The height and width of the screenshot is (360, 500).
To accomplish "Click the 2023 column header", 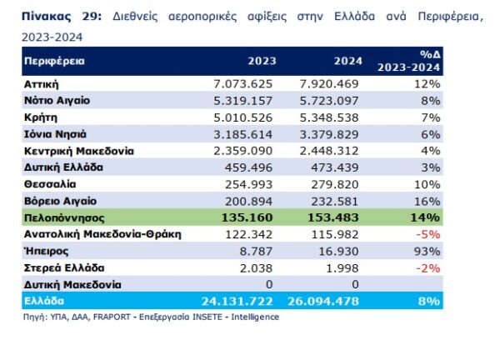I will (x=261, y=61).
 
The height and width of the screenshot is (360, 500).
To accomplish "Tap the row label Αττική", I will (x=42, y=84).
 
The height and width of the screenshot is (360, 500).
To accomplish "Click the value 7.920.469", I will (x=327, y=84).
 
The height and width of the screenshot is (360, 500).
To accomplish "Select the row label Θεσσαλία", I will (x=49, y=183).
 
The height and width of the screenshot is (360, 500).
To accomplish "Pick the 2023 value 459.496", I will (x=252, y=167).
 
